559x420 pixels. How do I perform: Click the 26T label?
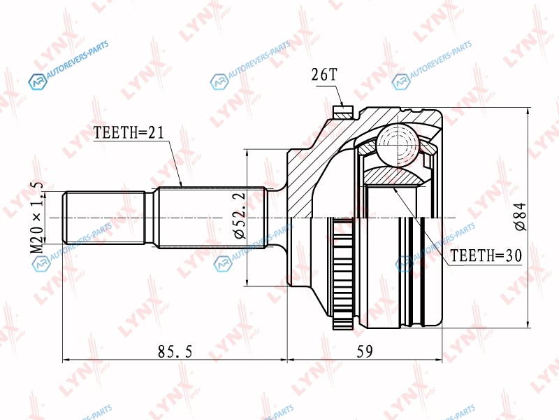coord(324,75)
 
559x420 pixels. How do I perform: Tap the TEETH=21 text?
coord(129,132)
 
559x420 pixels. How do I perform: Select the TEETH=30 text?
coord(486,255)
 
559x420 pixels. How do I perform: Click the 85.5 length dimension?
coord(175,351)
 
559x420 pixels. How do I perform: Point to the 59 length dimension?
coord(364,351)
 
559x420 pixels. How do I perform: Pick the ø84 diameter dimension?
coord(520,217)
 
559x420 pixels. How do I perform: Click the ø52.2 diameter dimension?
coord(239,216)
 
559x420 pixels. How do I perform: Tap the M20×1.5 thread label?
coord(37,217)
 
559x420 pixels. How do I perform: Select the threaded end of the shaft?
coord(103,218)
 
